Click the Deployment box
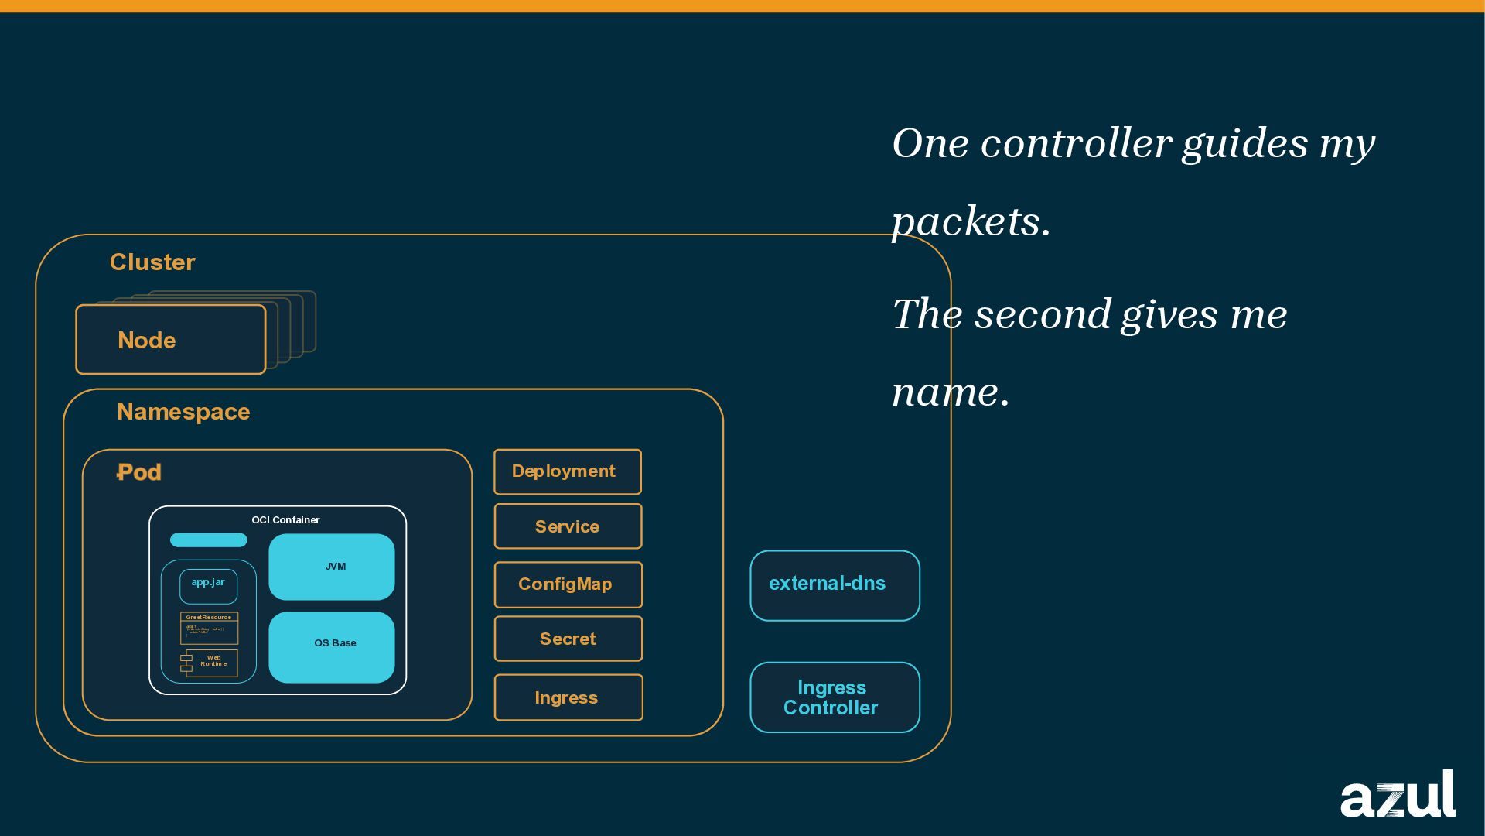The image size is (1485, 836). pos(568,471)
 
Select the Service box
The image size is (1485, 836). pos(568,526)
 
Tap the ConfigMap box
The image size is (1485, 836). pos(568,584)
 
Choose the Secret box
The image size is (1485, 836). pos(568,639)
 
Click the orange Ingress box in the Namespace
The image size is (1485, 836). pos(568,697)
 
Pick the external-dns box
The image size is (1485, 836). pos(835,585)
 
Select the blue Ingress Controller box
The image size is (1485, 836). pos(835,697)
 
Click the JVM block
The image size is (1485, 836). pos(331,567)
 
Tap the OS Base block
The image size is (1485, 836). pos(331,647)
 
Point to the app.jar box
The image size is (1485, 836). pos(208,586)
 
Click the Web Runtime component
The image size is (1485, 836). pos(210,663)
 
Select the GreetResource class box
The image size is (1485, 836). pos(209,628)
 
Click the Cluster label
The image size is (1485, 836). pos(152,262)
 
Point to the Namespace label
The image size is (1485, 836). pos(183,412)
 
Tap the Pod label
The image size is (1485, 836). pos(139,472)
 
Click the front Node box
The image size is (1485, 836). pos(170,340)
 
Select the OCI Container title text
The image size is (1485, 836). pos(285,520)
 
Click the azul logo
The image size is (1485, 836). pos(1398,795)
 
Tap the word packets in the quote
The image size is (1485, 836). pos(970,222)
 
